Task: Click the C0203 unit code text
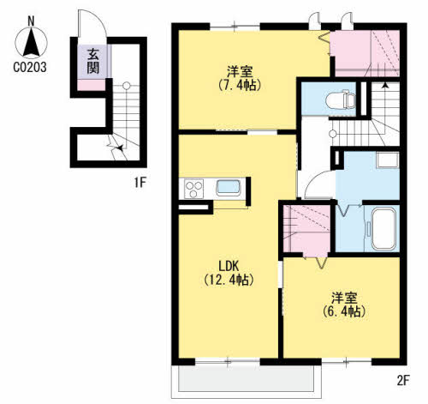[30, 68]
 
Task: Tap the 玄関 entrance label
[93, 61]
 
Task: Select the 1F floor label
[140, 183]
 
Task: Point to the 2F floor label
[403, 381]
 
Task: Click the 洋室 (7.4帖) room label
[240, 78]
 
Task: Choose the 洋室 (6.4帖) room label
[344, 305]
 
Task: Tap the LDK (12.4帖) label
[229, 273]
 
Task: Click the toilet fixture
[341, 99]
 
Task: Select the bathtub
[383, 229]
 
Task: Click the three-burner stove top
[194, 189]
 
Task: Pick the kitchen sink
[229, 188]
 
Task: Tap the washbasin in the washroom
[387, 160]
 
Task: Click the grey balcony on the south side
[247, 379]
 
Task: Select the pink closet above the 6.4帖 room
[306, 229]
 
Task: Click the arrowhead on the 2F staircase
[385, 85]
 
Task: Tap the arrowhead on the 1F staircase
[121, 148]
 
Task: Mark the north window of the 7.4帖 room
[235, 27]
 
